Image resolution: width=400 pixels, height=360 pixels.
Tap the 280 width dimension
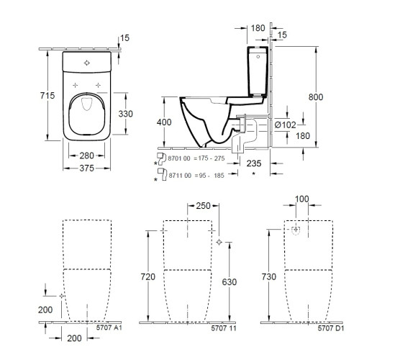coord(88,156)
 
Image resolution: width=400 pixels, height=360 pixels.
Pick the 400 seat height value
coord(165,123)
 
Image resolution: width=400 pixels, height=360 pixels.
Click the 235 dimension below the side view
coord(253,163)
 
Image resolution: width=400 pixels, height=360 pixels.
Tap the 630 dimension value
coord(229,282)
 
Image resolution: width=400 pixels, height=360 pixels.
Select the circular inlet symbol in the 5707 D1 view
coord(296,230)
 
